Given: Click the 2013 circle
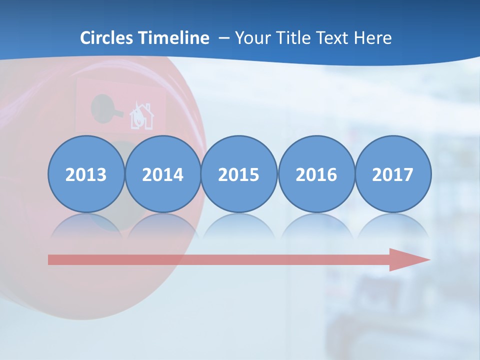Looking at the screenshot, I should tap(86, 174).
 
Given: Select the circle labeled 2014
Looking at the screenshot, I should tap(162, 174).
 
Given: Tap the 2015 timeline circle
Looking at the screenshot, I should tap(239, 174).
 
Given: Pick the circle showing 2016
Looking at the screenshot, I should tap(316, 174).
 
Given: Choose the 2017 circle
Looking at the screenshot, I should tap(393, 174).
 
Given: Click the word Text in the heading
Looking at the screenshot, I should tap(331, 38).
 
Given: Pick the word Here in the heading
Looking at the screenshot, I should tap(372, 38).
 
